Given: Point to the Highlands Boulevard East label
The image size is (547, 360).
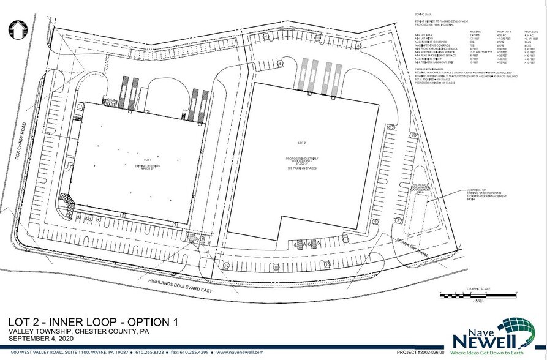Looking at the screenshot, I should (x=179, y=285).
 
